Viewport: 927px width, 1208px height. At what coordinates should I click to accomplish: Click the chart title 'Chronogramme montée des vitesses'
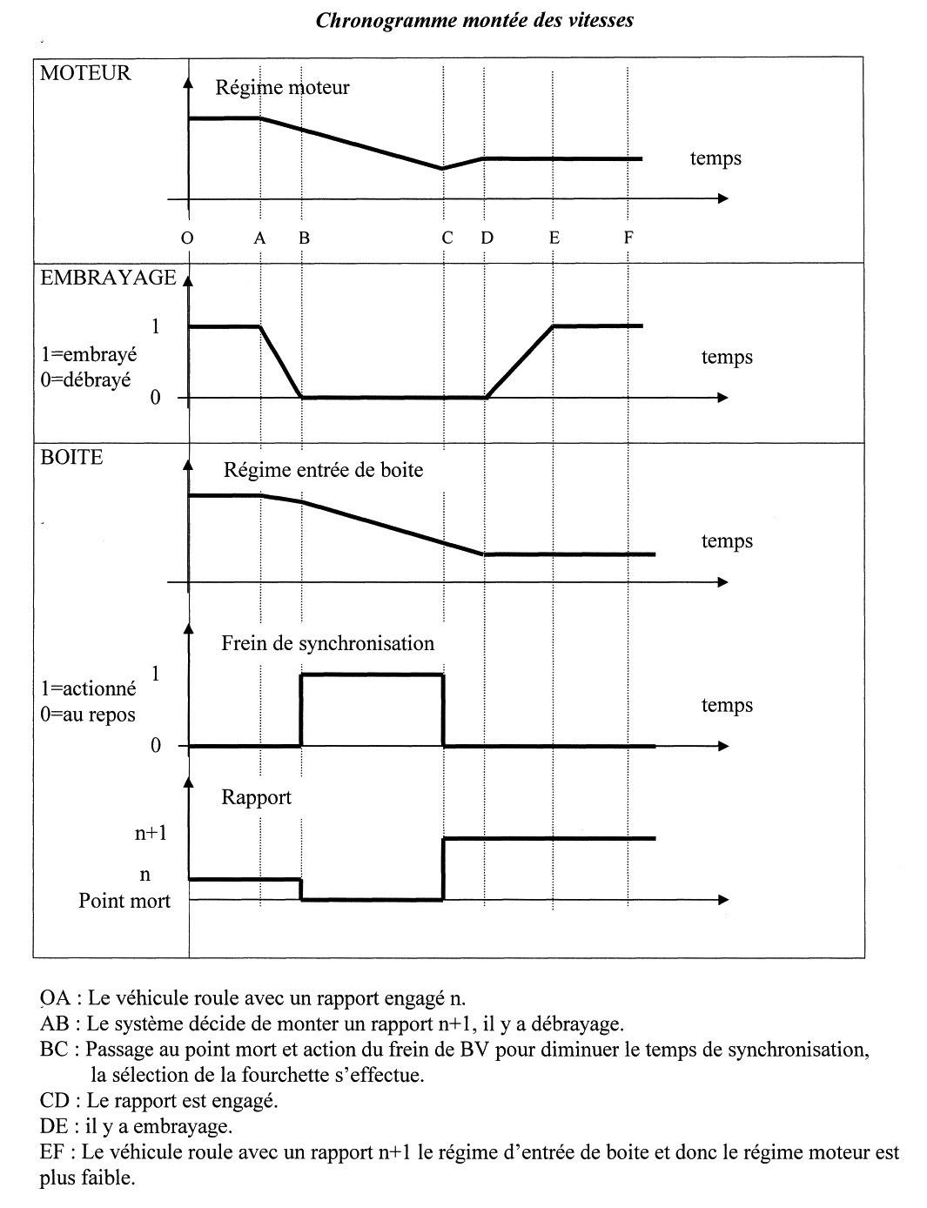474,20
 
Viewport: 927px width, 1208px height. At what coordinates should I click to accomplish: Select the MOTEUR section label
85,73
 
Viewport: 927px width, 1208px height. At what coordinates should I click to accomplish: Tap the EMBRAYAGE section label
108,278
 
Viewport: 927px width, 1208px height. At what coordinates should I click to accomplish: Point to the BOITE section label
71,457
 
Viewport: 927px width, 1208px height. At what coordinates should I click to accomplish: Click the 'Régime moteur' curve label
282,87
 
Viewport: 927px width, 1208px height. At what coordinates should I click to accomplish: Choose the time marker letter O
187,238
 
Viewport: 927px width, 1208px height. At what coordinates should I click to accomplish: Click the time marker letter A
259,238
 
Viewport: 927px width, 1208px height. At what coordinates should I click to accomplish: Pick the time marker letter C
447,238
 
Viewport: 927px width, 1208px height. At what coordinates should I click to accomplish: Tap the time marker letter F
628,238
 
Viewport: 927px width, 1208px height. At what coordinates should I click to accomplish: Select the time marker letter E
554,238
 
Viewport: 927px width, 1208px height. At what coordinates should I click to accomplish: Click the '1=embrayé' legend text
89,356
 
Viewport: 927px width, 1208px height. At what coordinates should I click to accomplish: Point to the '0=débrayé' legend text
87,380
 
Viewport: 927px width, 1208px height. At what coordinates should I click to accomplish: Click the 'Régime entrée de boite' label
323,470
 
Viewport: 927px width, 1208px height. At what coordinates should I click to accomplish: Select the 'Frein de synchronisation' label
327,643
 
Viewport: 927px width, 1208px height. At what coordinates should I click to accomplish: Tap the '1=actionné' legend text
89,688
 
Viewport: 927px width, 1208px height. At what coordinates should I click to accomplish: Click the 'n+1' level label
150,833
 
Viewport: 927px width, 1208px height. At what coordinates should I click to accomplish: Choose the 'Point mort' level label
124,901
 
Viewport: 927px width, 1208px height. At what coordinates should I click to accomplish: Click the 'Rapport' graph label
256,797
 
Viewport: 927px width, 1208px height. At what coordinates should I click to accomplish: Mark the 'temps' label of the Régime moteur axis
715,158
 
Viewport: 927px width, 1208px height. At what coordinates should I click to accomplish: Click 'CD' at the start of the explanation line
54,1101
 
